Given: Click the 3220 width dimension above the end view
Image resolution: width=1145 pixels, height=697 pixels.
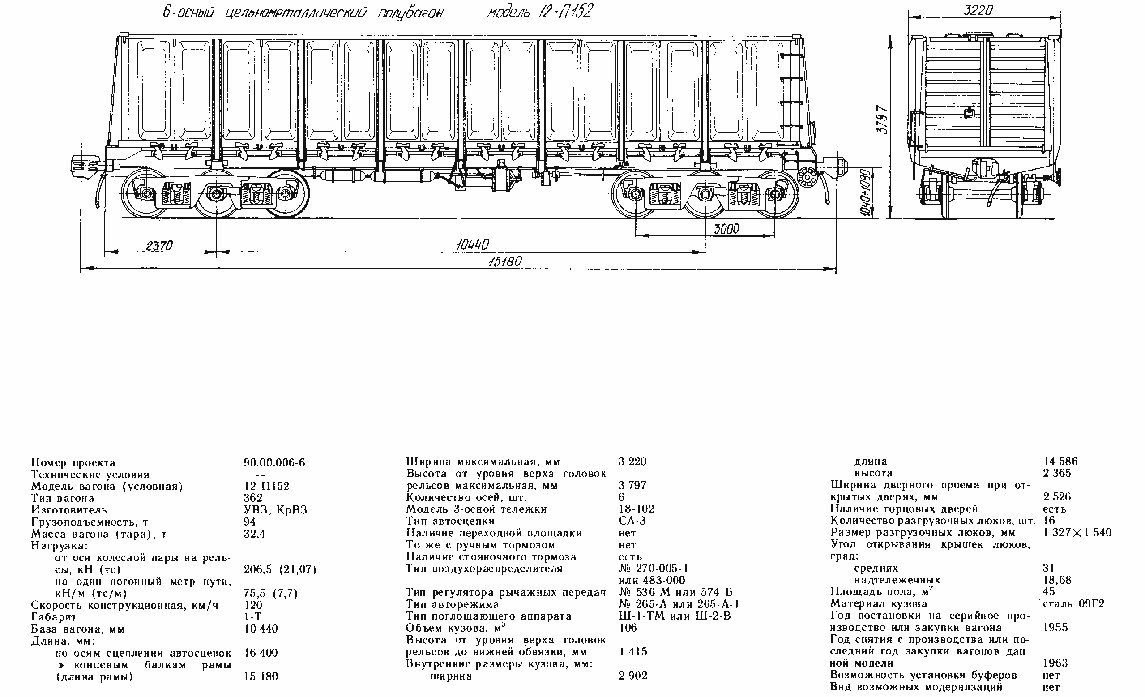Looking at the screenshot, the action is tap(978, 10).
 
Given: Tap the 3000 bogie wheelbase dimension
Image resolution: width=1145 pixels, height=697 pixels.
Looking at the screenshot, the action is tap(726, 229).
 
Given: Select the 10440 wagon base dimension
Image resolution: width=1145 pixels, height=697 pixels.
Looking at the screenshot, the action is tap(472, 244).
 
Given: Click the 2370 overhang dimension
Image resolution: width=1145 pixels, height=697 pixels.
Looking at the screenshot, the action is tap(159, 245).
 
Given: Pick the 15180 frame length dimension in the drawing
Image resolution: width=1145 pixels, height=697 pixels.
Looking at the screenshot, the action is tap(505, 261).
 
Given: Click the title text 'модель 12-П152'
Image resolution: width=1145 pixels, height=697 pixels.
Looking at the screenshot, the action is tap(539, 12).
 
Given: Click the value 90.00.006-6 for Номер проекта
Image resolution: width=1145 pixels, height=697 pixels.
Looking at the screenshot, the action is tap(274, 463).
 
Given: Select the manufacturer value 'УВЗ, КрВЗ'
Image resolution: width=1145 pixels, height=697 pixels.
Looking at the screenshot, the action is tap(275, 510).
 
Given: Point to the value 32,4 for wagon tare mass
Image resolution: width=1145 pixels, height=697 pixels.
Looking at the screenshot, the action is tap(254, 534).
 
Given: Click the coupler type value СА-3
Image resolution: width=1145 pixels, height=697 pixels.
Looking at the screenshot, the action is tap(632, 521).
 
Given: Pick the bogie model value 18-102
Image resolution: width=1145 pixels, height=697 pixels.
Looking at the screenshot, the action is tap(636, 509).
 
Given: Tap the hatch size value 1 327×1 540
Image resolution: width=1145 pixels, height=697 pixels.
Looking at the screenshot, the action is tap(1077, 533).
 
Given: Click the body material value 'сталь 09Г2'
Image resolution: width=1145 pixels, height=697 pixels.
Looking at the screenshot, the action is tap(1073, 603).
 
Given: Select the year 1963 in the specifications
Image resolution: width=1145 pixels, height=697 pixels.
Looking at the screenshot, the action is tap(1055, 663).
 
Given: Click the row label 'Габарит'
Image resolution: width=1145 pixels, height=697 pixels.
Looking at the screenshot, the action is tap(53, 617).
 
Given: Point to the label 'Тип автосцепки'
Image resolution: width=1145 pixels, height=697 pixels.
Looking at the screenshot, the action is tap(450, 521).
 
